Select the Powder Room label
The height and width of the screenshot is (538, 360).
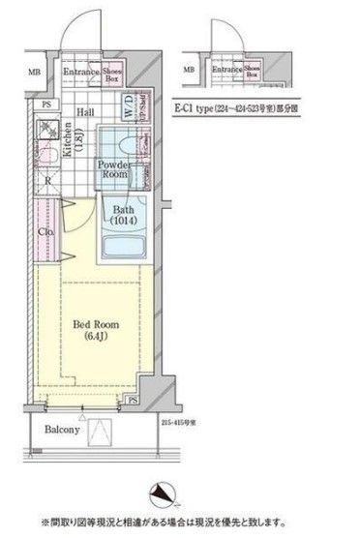coord(112,170)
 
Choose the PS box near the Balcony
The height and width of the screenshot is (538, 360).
coord(131,401)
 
